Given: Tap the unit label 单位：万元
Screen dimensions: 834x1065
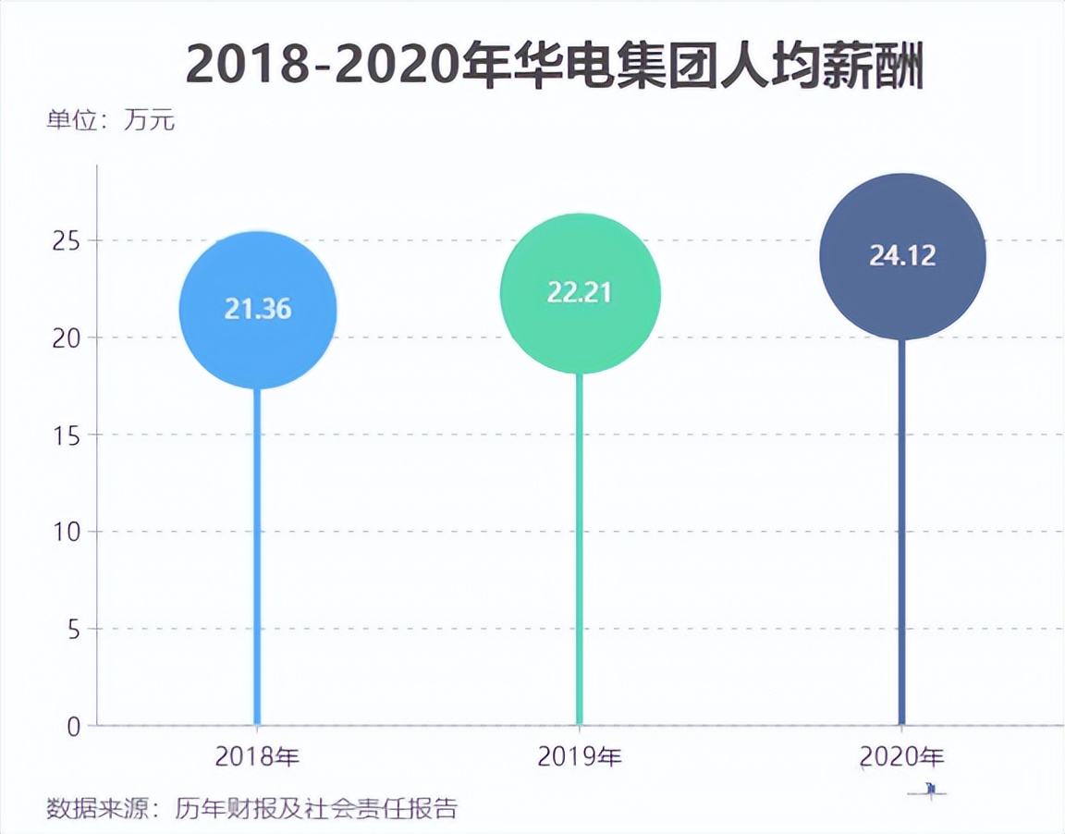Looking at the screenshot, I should (110, 121).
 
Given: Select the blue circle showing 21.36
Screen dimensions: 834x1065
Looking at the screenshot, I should (258, 311).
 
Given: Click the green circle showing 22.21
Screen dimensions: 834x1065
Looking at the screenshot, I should (580, 293).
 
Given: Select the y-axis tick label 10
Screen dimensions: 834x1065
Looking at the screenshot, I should (64, 532).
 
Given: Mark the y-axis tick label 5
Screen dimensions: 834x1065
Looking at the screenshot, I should (71, 629).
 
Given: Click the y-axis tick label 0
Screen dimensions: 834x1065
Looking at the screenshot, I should (73, 726).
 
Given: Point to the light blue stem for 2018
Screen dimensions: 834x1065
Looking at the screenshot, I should (257, 555).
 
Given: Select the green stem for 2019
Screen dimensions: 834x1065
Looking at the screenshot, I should (580, 555).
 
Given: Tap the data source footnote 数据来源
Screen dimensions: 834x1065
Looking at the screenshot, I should (251, 809).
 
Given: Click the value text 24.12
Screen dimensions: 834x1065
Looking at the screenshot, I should (902, 255).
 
